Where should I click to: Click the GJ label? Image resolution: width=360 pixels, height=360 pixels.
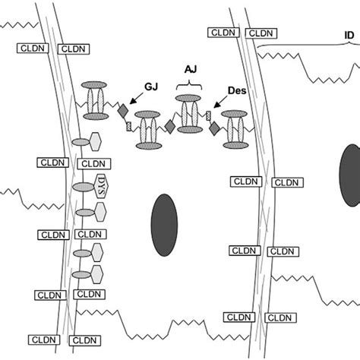pyautogui.click(x=151, y=86)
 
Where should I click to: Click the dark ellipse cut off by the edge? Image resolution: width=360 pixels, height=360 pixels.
pyautogui.click(x=349, y=175)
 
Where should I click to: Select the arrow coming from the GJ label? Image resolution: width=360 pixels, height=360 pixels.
pyautogui.click(x=136, y=98)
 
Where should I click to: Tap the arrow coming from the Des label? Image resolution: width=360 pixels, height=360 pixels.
pyautogui.click(x=220, y=103)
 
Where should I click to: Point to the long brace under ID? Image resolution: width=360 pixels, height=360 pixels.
pyautogui.click(x=304, y=47)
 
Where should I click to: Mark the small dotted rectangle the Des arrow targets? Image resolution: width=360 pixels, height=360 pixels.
pyautogui.click(x=208, y=115)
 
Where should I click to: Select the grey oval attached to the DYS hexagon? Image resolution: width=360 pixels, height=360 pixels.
pyautogui.click(x=83, y=187)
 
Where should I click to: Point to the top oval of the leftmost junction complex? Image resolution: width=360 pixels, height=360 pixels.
pyautogui.click(x=96, y=82)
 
